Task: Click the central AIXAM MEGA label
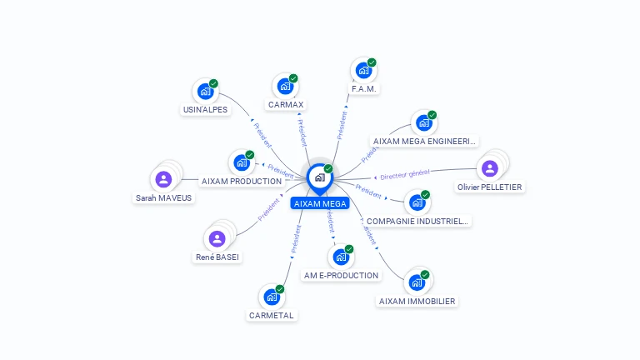(x=320, y=203)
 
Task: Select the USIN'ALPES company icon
(x=204, y=91)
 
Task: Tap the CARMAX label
(x=286, y=105)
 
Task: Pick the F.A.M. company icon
(x=362, y=70)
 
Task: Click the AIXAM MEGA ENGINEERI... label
(x=425, y=142)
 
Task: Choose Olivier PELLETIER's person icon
(x=490, y=168)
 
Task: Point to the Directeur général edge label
(x=404, y=173)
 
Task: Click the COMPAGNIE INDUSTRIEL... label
(x=418, y=221)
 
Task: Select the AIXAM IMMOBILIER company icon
(x=417, y=282)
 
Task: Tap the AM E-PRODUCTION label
(x=341, y=275)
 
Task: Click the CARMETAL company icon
(x=271, y=297)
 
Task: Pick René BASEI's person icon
(x=217, y=239)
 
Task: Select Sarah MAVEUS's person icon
(x=163, y=179)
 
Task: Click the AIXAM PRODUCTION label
(x=242, y=181)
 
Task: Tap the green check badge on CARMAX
(x=293, y=78)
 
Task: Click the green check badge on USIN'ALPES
(x=213, y=83)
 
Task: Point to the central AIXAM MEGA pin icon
(x=319, y=177)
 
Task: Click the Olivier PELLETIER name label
(x=490, y=187)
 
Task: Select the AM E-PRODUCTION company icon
(x=341, y=257)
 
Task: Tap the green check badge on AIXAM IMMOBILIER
(x=425, y=274)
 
